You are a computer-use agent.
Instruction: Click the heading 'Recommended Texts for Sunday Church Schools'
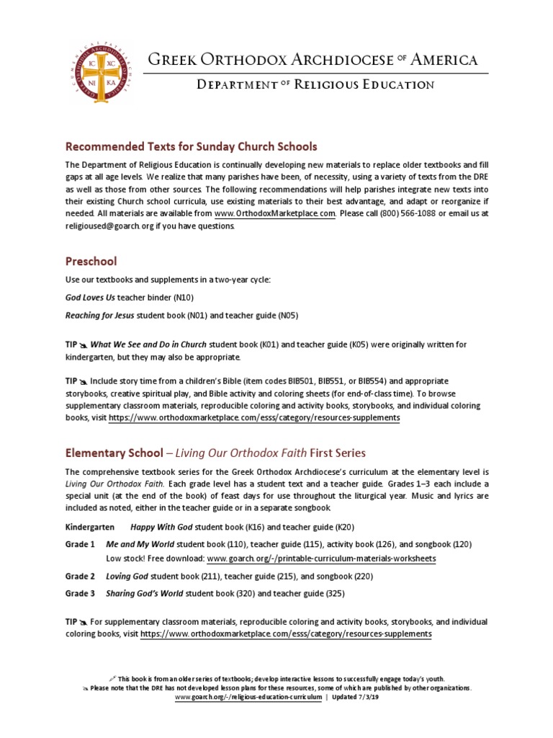pyautogui.click(x=191, y=146)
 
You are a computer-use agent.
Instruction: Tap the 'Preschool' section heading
pyautogui.click(x=91, y=261)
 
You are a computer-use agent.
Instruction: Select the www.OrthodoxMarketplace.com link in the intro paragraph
pyautogui.click(x=275, y=213)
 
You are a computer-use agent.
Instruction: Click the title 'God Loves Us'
pyautogui.click(x=92, y=297)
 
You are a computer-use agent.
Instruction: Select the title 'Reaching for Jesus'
pyautogui.click(x=99, y=315)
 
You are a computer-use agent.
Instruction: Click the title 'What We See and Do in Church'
pyautogui.click(x=148, y=344)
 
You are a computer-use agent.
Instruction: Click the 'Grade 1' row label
pyautogui.click(x=80, y=544)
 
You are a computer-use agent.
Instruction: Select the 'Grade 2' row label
pyautogui.click(x=80, y=576)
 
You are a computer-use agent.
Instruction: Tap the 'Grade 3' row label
pyautogui.click(x=80, y=593)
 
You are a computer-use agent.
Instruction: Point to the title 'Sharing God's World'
pyautogui.click(x=145, y=593)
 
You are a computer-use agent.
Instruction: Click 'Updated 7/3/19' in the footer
pyautogui.click(x=355, y=698)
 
